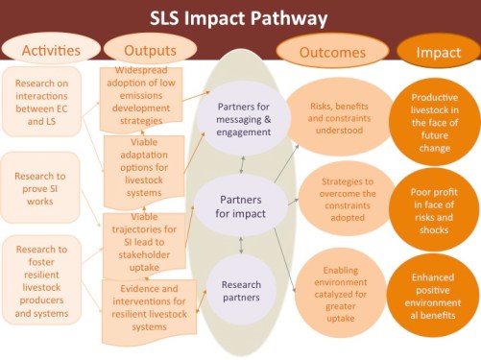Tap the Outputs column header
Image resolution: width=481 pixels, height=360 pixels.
tap(139, 49)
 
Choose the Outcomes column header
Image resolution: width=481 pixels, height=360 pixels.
tap(332, 51)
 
